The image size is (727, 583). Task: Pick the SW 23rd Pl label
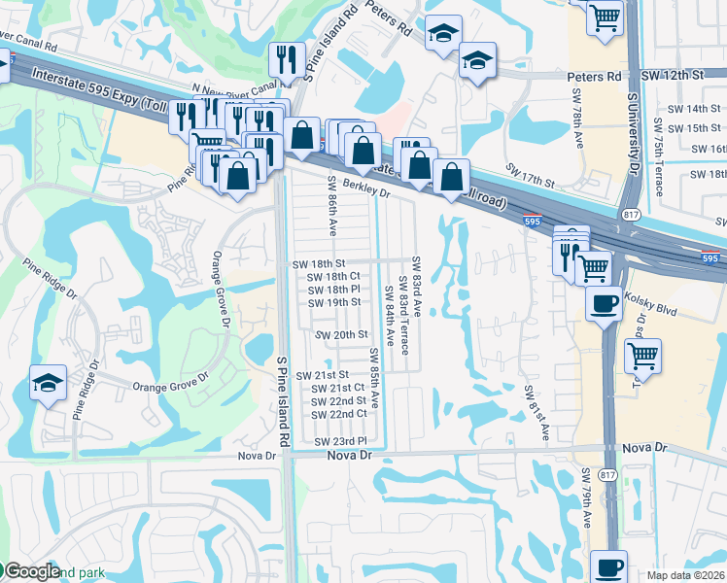pyautogui.click(x=339, y=441)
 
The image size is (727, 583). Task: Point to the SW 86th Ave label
pyautogui.click(x=331, y=207)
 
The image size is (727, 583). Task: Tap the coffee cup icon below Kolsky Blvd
pyautogui.click(x=604, y=304)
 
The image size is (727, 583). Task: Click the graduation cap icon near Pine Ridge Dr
pyautogui.click(x=48, y=383)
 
